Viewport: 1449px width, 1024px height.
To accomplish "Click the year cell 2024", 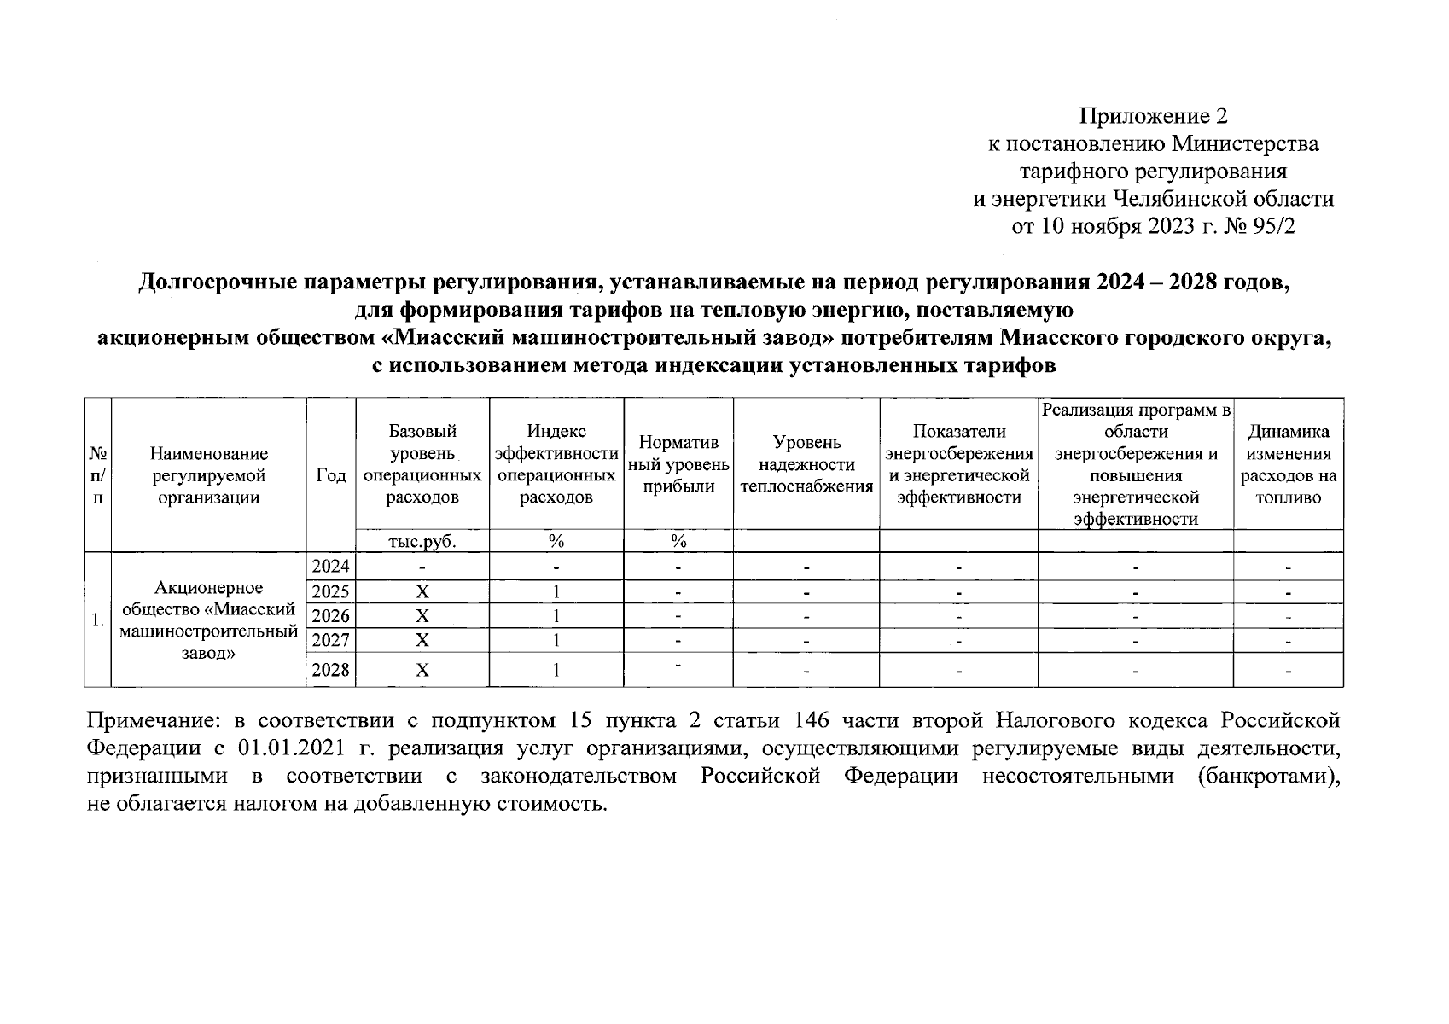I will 330,566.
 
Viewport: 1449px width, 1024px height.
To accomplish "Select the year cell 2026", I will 330,615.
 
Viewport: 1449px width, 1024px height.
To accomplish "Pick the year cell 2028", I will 330,670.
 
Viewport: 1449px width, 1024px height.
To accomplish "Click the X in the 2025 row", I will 422,591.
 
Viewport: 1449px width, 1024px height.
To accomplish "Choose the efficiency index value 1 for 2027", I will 556,640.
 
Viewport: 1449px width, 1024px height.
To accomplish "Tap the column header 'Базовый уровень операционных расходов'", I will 422,464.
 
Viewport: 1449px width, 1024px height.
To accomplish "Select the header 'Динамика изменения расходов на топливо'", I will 1288,464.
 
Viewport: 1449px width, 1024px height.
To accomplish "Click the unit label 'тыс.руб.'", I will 422,541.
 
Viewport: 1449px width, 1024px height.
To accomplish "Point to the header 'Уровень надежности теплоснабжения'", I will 806,464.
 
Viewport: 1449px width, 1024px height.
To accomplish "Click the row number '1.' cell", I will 98,620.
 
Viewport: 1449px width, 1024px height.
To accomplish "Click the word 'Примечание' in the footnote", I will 145,721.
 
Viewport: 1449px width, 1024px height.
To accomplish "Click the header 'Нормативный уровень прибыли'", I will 678,464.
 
